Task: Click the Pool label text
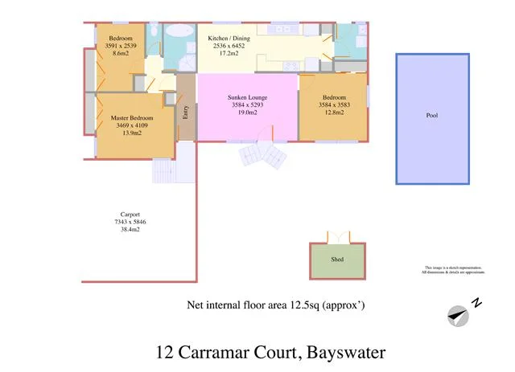point(432,116)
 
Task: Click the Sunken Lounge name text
point(247,97)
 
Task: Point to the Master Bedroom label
point(133,117)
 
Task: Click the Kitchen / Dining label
point(230,39)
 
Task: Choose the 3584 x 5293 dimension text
point(247,104)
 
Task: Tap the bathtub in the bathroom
point(179,33)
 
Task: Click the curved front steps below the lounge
point(262,154)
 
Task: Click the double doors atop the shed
point(337,237)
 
